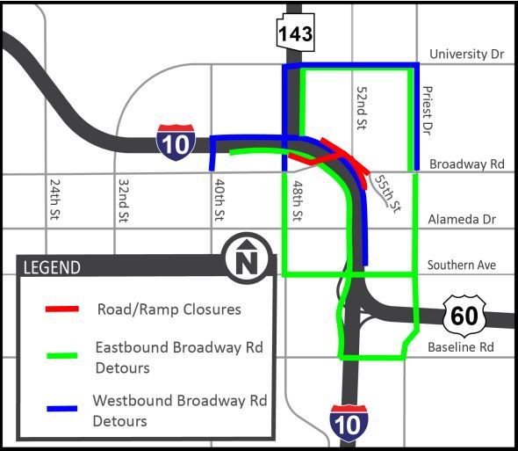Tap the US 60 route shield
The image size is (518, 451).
pos(463,316)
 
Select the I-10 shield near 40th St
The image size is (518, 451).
pos(176,142)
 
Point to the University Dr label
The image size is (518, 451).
pos(467,55)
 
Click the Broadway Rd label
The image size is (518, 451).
pos(466,164)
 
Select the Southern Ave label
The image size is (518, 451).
pos(462,265)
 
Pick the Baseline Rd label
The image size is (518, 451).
pos(461,347)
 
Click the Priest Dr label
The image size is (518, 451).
pos(428,109)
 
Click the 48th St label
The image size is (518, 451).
pos(298,203)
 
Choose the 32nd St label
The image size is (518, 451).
pos(123,201)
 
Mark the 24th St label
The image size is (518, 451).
pos(54,201)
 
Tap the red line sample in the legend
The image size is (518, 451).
pos(61,309)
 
